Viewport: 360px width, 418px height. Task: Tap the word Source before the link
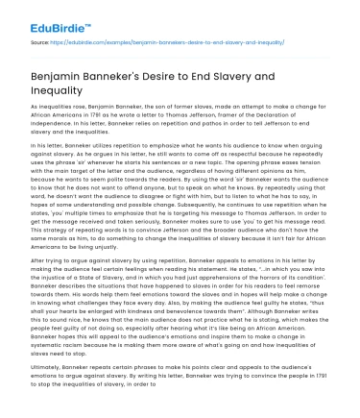pos(39,42)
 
